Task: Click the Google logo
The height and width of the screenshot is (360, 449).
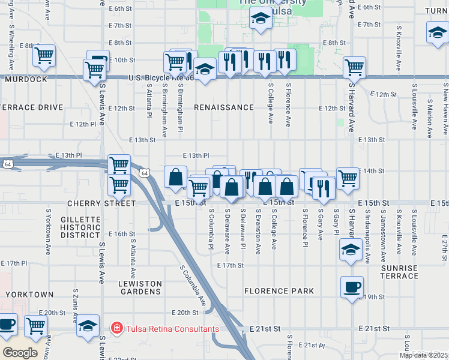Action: click(x=20, y=353)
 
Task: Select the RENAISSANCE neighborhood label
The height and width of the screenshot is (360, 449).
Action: click(x=224, y=107)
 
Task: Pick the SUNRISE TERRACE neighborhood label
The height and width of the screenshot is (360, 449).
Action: click(x=399, y=272)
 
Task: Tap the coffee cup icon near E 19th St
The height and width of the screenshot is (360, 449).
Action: click(x=352, y=286)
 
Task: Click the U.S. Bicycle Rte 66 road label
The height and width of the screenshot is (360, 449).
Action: click(x=161, y=77)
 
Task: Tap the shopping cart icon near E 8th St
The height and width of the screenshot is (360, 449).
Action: click(x=44, y=55)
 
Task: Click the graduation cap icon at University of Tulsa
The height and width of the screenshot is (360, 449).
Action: click(x=261, y=18)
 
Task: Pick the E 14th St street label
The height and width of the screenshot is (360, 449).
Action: click(x=371, y=171)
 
